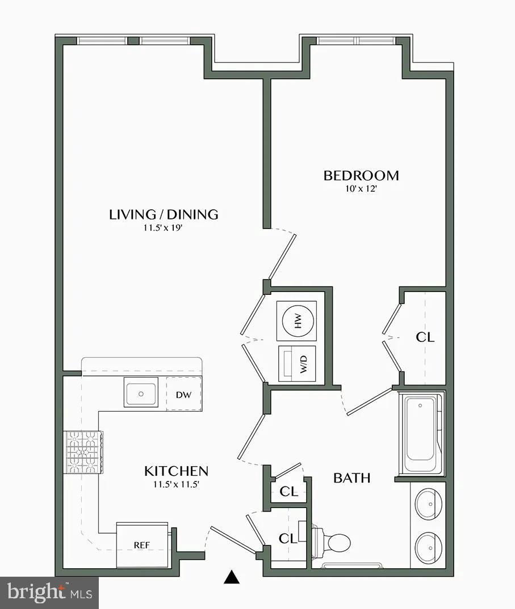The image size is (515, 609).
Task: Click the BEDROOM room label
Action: [361, 175]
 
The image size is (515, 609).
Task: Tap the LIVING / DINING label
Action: [164, 214]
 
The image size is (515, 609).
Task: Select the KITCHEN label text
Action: [176, 471]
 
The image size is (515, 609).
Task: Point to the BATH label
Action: [351, 478]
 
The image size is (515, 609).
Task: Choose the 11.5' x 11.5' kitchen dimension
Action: [176, 484]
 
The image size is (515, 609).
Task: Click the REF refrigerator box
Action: [143, 544]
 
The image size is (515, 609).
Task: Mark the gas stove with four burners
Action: [85, 452]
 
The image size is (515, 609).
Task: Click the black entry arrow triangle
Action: [231, 577]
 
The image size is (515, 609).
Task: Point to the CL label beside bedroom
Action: [425, 337]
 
